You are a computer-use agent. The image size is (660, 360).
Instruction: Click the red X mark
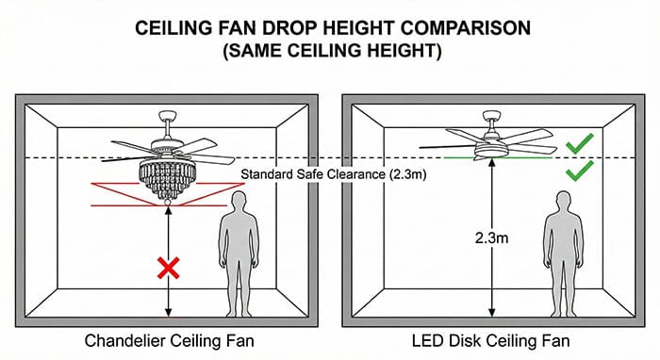(168, 270)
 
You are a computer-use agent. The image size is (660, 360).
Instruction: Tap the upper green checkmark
(579, 144)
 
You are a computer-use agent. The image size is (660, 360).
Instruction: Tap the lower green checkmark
(579, 171)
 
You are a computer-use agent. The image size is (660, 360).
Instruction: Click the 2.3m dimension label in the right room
(491, 238)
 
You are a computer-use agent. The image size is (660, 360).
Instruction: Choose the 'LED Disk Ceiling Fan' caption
(491, 339)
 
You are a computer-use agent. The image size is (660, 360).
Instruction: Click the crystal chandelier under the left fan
(167, 176)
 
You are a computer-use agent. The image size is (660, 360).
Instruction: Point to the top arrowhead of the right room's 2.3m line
(491, 163)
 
